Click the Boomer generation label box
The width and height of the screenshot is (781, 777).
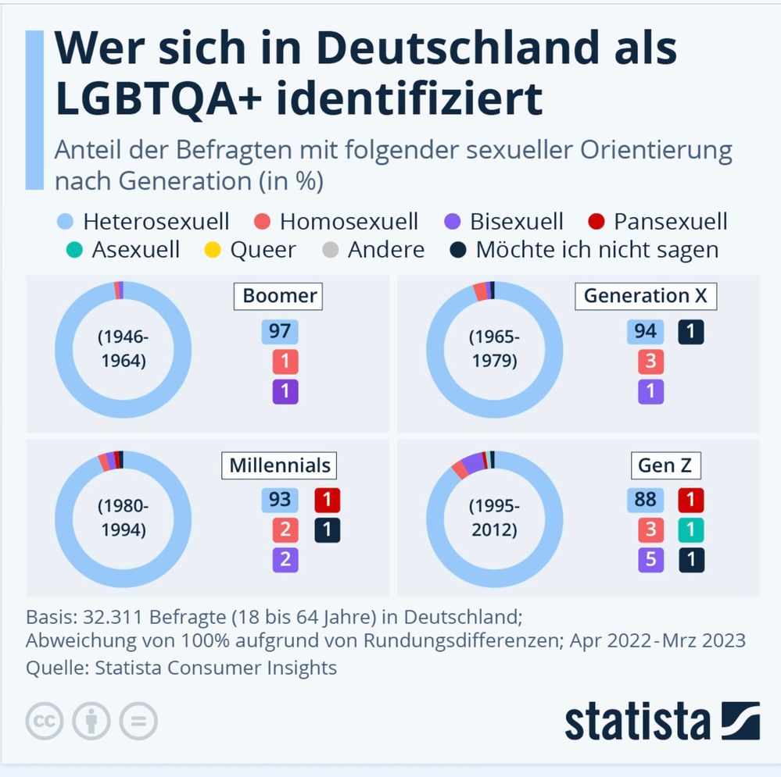[x=278, y=297]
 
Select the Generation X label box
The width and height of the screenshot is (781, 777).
[x=646, y=297]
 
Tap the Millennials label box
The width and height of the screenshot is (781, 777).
[x=279, y=465]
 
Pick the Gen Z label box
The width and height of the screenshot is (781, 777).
[x=665, y=465]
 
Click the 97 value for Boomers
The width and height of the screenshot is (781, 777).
[x=280, y=332]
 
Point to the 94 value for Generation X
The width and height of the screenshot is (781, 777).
[x=646, y=332]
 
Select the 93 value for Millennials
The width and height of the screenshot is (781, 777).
[x=280, y=500]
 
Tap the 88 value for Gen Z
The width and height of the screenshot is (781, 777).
[x=646, y=500]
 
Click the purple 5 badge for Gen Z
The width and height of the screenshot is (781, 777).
[x=651, y=560]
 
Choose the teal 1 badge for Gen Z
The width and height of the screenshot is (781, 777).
[x=691, y=529]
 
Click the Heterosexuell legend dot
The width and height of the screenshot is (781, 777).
[x=65, y=221]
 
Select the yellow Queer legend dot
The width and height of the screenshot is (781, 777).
[x=213, y=250]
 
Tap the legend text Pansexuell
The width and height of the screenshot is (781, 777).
[x=671, y=222]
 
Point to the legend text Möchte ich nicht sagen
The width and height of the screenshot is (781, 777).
[x=597, y=250]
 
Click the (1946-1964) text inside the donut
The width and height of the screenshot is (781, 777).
[x=124, y=349]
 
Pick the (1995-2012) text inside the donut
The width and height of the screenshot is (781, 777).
[x=494, y=518]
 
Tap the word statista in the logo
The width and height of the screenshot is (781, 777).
[x=637, y=722]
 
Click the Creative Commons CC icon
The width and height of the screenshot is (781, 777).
[x=45, y=721]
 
